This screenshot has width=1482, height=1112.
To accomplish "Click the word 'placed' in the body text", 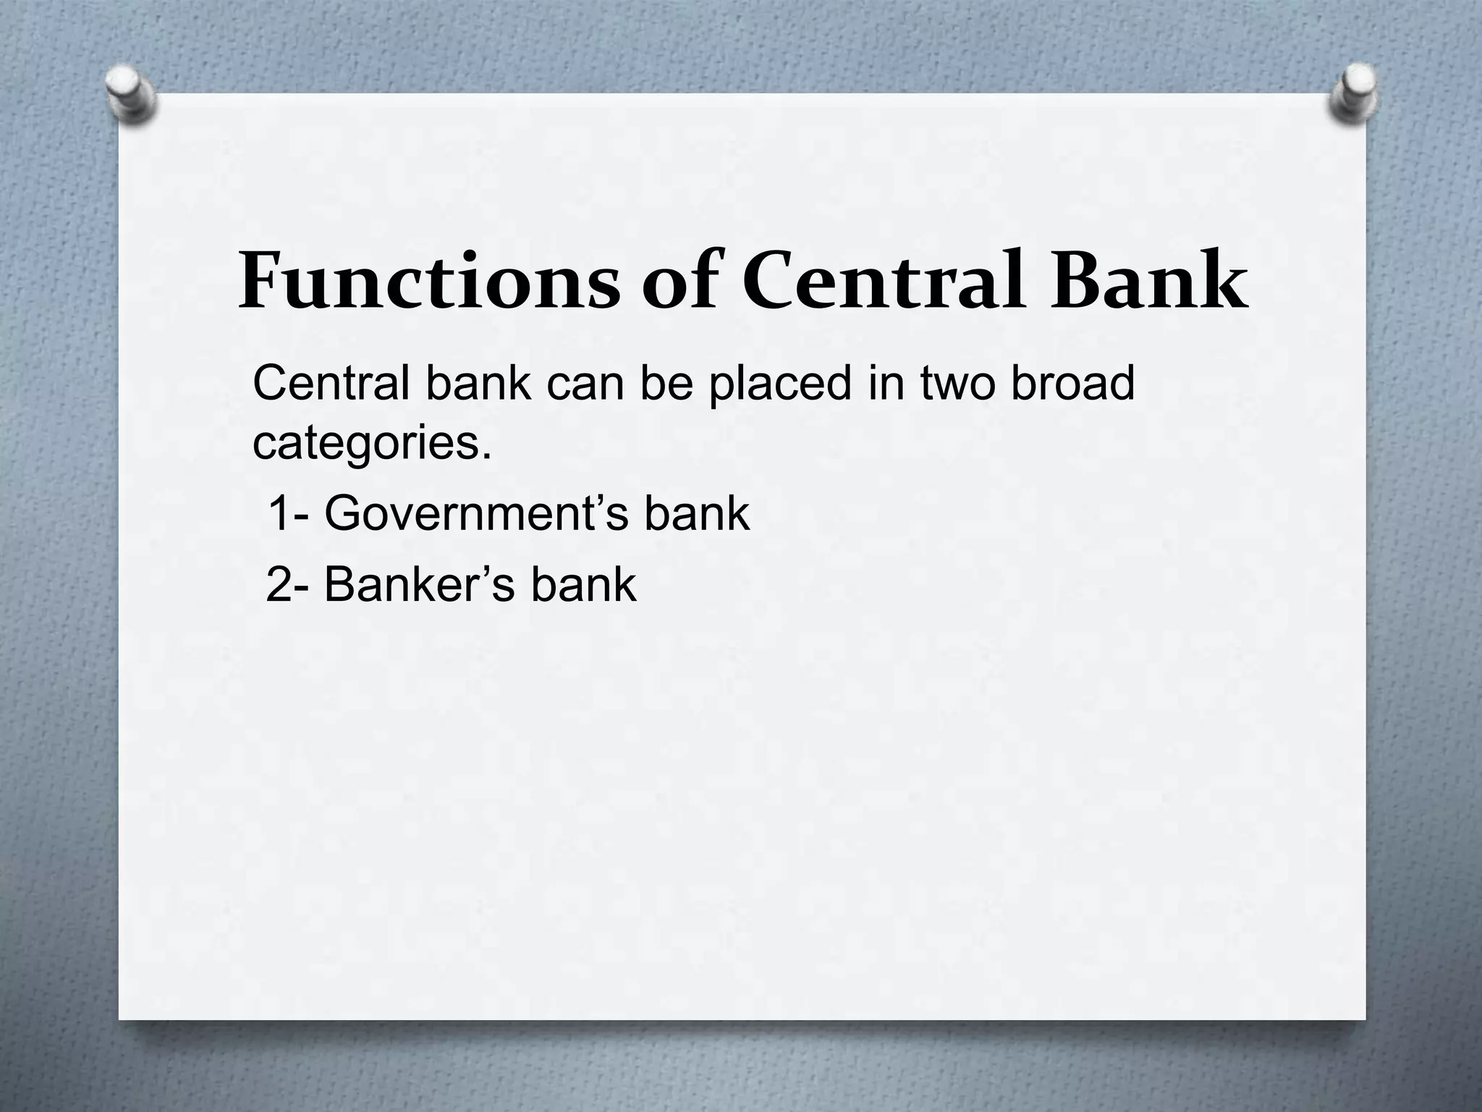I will [x=779, y=384].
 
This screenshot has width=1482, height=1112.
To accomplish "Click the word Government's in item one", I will [x=475, y=514].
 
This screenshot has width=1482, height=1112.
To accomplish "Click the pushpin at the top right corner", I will [x=1352, y=93].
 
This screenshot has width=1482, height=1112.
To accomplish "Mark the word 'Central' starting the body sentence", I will [x=331, y=384].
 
